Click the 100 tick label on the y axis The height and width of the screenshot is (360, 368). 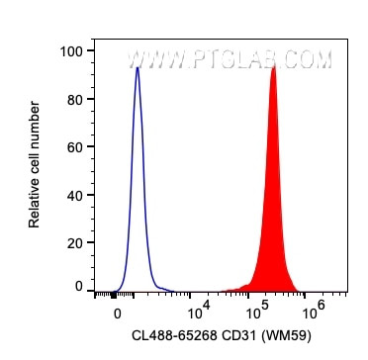(73, 50)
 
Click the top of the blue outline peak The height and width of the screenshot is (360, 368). (138, 68)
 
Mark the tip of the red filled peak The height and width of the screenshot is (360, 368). (273, 66)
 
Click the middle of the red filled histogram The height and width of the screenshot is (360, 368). (272, 218)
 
